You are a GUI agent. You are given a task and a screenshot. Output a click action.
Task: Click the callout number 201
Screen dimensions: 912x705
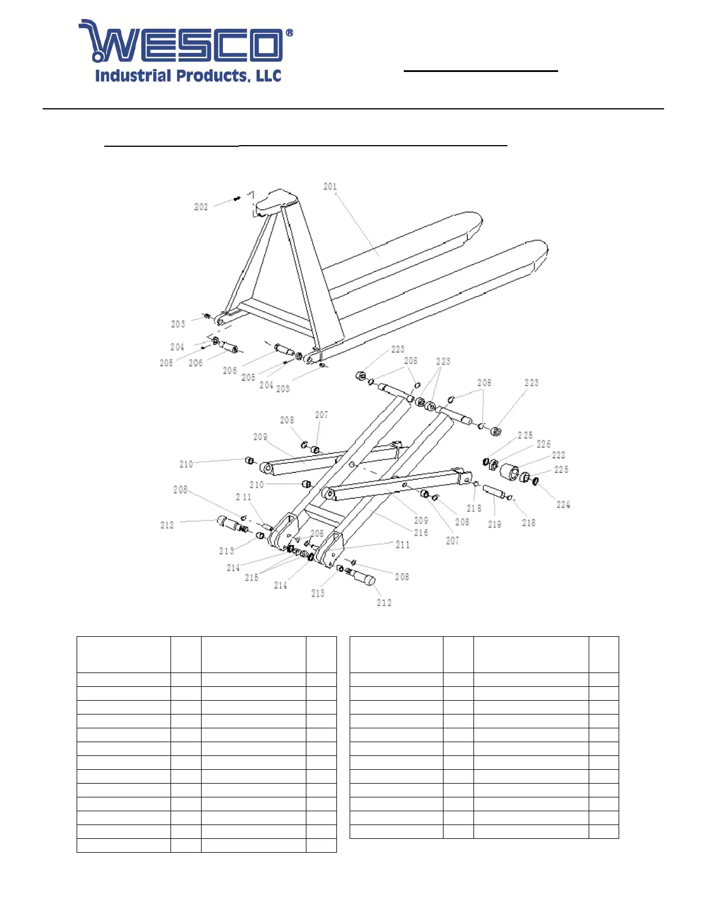[330, 187]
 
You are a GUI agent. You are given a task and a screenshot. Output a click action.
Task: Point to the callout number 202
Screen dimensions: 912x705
[201, 207]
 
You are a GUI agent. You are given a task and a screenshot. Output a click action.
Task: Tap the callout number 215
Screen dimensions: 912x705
[252, 577]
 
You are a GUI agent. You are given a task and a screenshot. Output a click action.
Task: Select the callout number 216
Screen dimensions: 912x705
[421, 533]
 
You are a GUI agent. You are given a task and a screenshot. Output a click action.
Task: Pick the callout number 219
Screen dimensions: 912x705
[494, 525]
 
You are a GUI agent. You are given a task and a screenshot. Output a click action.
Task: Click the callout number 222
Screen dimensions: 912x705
[558, 455]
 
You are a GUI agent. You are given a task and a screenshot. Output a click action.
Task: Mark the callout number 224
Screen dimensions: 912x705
[563, 505]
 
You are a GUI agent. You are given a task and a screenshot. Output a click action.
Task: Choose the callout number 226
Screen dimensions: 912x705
[543, 444]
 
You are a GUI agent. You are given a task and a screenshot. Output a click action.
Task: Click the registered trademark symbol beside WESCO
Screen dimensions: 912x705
[289, 33]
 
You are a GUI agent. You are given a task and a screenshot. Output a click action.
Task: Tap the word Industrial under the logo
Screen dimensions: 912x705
[133, 76]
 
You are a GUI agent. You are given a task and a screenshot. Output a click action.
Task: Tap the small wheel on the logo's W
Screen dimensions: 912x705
[97, 57]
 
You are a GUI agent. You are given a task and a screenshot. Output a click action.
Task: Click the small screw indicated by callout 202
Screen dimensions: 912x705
[237, 199]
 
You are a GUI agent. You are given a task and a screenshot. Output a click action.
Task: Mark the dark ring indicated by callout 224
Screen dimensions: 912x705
[536, 481]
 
